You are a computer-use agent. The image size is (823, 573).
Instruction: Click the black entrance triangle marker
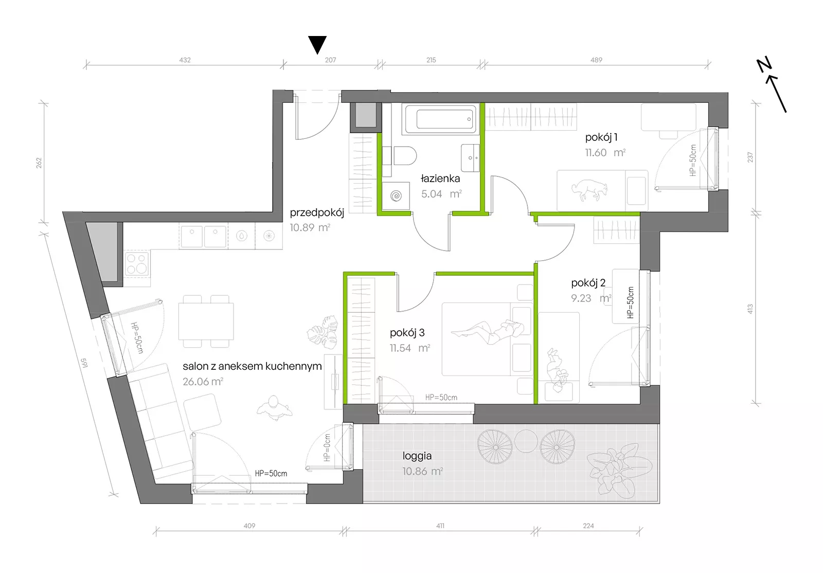point(317,44)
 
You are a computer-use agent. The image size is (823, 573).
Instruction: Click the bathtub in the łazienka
point(441,118)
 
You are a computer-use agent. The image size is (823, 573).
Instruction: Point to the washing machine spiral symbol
point(396,195)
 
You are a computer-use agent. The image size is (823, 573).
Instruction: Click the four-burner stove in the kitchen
point(137,263)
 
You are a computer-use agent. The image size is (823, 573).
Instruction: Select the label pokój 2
point(588,283)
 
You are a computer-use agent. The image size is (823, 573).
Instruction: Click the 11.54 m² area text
point(409,348)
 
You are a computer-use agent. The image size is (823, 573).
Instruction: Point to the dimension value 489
point(596,60)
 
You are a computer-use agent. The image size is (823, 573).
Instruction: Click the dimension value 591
point(84,363)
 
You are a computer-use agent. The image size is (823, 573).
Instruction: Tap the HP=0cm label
point(327,447)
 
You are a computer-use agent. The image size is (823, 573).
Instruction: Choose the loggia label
point(417,456)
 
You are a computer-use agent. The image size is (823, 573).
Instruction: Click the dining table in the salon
point(206,321)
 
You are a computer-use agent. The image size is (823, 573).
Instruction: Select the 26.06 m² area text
point(203,382)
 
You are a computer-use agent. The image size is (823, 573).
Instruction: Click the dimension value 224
point(588,526)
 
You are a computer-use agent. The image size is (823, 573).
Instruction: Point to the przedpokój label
point(317,212)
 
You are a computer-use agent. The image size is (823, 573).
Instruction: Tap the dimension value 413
point(750,309)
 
